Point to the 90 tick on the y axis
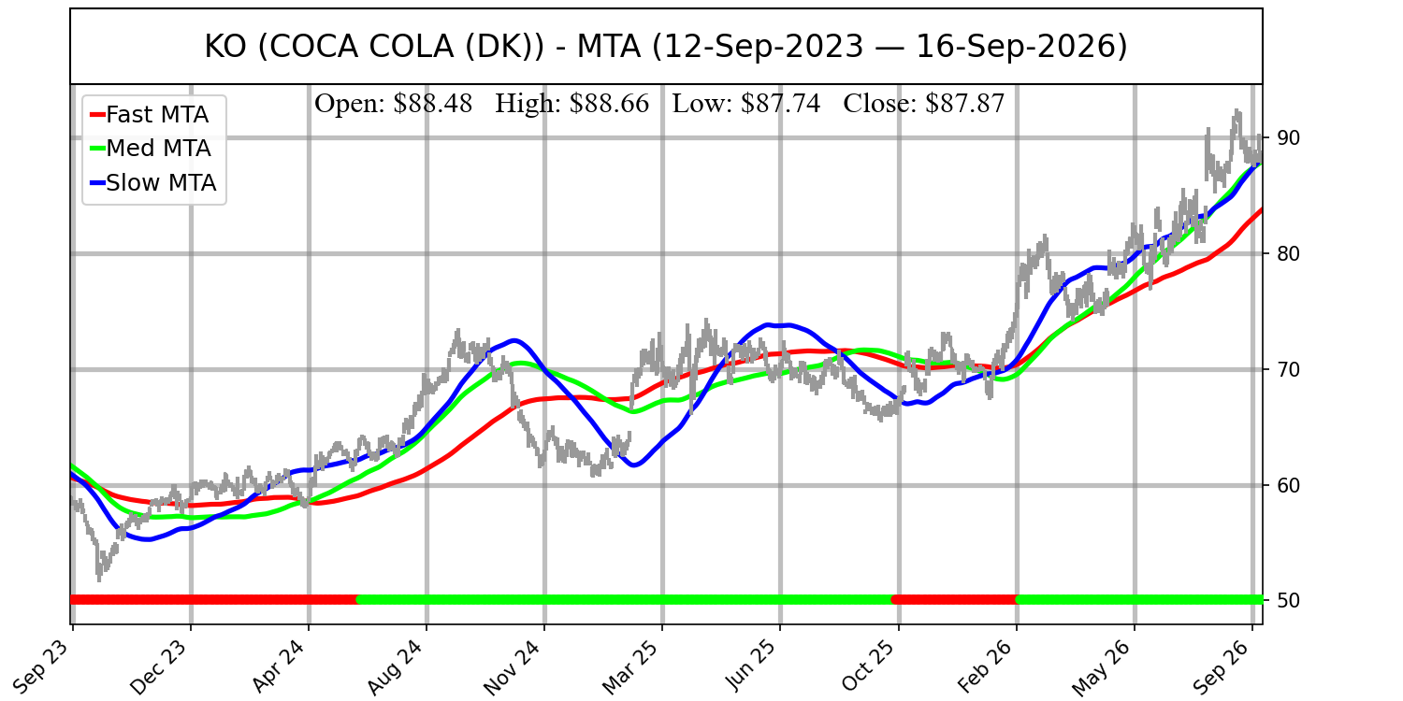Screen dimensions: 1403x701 [x=1282, y=137]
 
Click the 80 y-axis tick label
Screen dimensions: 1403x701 [x=1282, y=253]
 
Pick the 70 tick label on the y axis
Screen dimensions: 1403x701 [x=1282, y=369]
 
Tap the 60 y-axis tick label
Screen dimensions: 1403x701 [x=1282, y=485]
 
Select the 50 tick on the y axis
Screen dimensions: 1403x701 [x=1282, y=600]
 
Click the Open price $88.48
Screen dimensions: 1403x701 [x=433, y=104]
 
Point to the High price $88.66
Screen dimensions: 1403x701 [x=610, y=104]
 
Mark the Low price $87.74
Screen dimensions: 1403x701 [x=780, y=104]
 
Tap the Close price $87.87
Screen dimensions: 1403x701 [x=965, y=104]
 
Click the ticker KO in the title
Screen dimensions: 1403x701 [x=225, y=47]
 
